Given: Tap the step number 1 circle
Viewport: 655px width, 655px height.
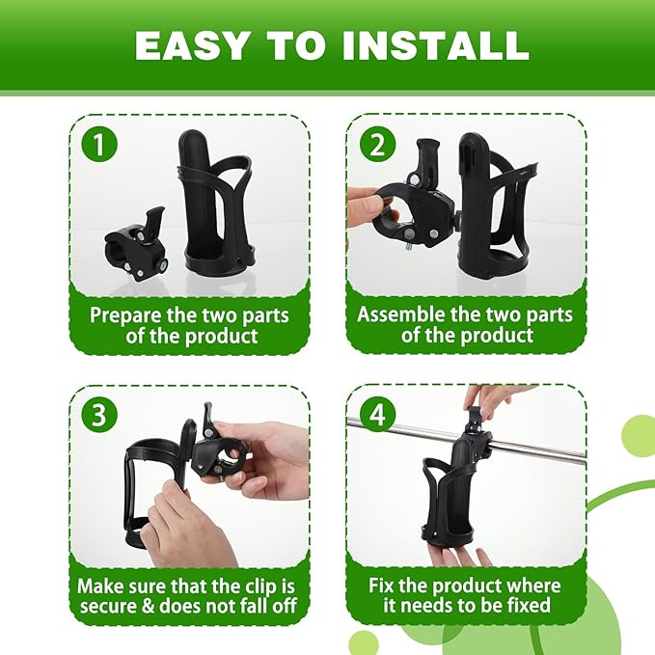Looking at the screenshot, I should click(x=101, y=146).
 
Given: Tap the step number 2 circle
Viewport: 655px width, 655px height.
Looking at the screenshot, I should click(x=376, y=146).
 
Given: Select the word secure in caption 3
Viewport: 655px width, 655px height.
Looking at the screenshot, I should click(x=115, y=607).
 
